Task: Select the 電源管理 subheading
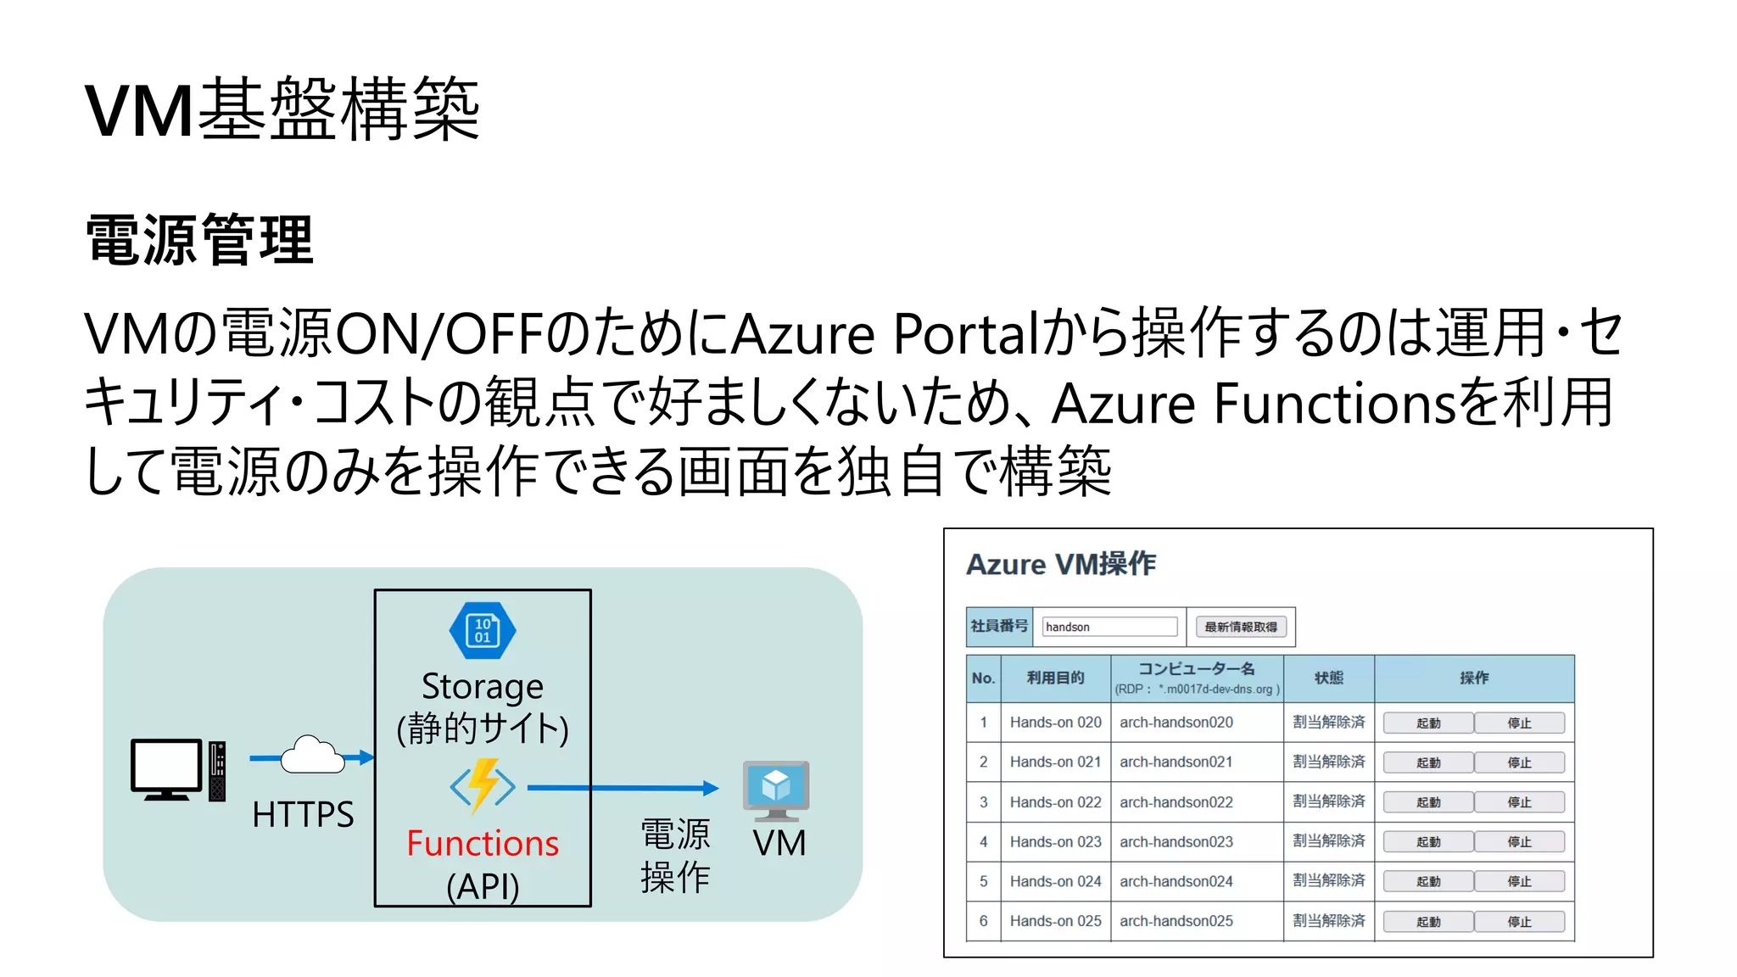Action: (x=200, y=240)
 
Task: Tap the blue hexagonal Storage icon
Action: (x=482, y=631)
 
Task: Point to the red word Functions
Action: (x=483, y=844)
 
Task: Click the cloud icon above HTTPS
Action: (x=312, y=755)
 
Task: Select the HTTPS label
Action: (x=303, y=815)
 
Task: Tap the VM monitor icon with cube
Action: (x=776, y=790)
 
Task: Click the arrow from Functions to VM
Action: (x=623, y=788)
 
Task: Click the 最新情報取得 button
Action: (x=1241, y=627)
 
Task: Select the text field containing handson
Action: (x=1109, y=627)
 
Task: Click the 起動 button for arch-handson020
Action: (x=1428, y=723)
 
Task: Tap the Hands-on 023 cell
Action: (x=1055, y=841)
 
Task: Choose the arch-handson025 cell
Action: (x=1176, y=921)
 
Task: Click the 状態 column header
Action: (x=1328, y=678)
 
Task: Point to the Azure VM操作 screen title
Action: (x=1061, y=565)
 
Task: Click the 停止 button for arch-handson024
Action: (x=1519, y=882)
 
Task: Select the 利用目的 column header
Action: (x=1055, y=678)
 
